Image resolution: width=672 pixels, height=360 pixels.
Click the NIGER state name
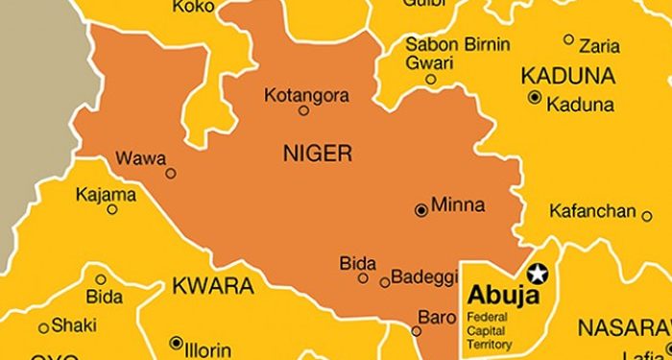coord(317,153)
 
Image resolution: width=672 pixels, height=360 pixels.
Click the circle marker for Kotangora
coord(303,110)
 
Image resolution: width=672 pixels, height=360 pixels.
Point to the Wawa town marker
coord(171,174)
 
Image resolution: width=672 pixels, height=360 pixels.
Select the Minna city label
coord(458,205)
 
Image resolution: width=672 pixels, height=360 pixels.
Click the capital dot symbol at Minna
coord(420,209)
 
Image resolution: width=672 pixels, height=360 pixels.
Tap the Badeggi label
coord(422,280)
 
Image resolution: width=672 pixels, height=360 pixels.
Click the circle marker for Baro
coord(416,331)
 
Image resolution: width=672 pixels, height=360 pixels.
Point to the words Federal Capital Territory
coord(490,330)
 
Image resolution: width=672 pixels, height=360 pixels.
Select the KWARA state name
coord(212,286)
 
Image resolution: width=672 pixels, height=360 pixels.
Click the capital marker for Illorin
coord(176,343)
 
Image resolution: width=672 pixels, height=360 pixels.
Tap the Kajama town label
coord(106,195)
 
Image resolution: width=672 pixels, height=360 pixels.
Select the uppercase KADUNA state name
coord(567,75)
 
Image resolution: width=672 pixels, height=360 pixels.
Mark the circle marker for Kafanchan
coord(646,216)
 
